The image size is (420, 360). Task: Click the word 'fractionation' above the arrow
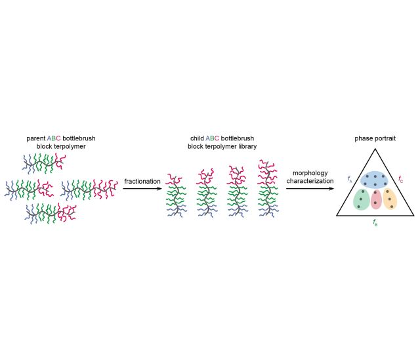[142, 181]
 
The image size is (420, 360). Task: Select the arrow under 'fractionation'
[142, 189]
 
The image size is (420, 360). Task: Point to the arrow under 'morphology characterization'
[310, 189]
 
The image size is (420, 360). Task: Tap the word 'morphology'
[310, 173]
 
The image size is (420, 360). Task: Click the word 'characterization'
[310, 181]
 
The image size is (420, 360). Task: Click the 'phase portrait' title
[375, 139]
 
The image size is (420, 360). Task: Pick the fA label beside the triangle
[350, 178]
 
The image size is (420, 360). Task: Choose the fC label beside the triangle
[400, 178]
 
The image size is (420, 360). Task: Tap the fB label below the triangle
[375, 223]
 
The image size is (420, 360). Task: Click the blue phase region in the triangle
[375, 179]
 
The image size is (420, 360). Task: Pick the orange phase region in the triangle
[390, 198]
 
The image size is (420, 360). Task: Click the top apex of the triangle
[375, 150]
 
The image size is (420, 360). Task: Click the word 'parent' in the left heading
[35, 138]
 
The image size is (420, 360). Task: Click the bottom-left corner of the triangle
[337, 215]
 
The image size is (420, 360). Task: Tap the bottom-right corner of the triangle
[413, 215]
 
